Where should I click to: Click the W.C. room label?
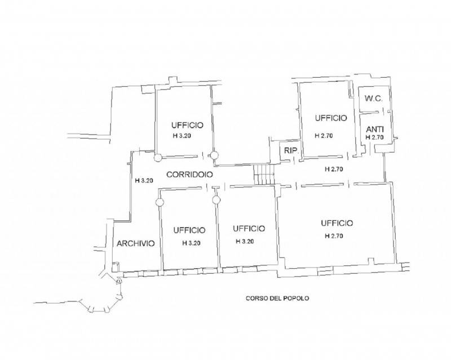(x=374, y=99)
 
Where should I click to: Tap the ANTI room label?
(x=374, y=129)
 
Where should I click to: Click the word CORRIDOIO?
(x=189, y=175)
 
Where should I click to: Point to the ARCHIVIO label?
(x=135, y=243)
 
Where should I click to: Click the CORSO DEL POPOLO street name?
(x=277, y=299)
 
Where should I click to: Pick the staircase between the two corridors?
(x=264, y=175)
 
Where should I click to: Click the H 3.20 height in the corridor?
(x=144, y=181)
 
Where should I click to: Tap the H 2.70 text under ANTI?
(x=374, y=137)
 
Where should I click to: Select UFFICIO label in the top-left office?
(x=187, y=126)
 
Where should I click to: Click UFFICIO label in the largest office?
(x=337, y=223)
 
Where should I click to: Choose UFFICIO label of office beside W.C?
(x=331, y=118)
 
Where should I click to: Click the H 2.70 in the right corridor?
(x=334, y=170)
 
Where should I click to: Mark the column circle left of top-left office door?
(x=158, y=158)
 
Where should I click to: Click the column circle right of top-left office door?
(x=214, y=155)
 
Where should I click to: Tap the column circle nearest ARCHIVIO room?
(x=160, y=202)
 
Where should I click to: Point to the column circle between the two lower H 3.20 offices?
(x=216, y=199)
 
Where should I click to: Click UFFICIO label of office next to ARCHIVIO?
(x=189, y=230)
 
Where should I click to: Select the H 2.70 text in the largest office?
(x=334, y=236)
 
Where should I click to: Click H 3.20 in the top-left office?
(x=182, y=136)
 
